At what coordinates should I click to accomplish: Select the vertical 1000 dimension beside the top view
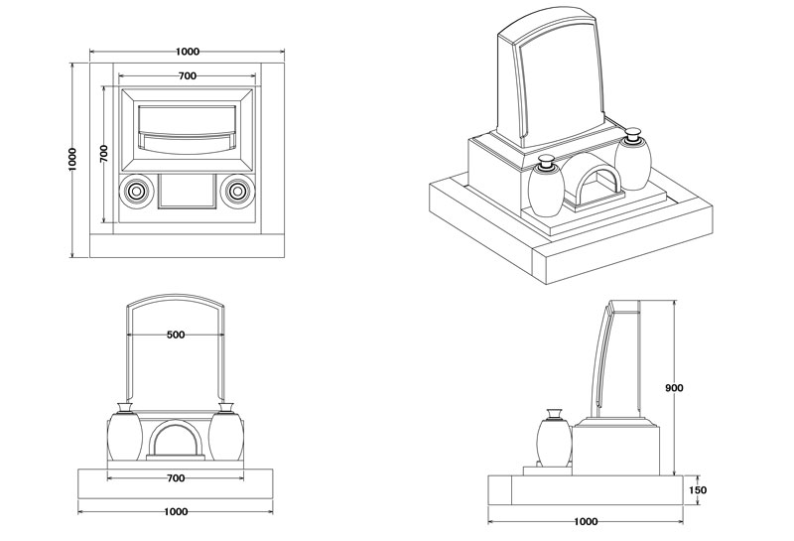pyautogui.click(x=72, y=159)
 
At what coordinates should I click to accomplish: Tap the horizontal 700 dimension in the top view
pyautogui.click(x=187, y=75)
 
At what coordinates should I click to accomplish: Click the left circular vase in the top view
pyautogui.click(x=135, y=189)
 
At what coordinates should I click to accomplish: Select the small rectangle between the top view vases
pyautogui.click(x=187, y=190)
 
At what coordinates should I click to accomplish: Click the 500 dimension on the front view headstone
pyautogui.click(x=176, y=335)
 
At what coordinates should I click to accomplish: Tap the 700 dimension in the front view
pyautogui.click(x=176, y=478)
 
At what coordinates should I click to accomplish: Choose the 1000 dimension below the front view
pyautogui.click(x=176, y=512)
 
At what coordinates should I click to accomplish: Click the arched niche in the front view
pyautogui.click(x=177, y=441)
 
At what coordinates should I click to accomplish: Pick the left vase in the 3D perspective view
pyautogui.click(x=545, y=190)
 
